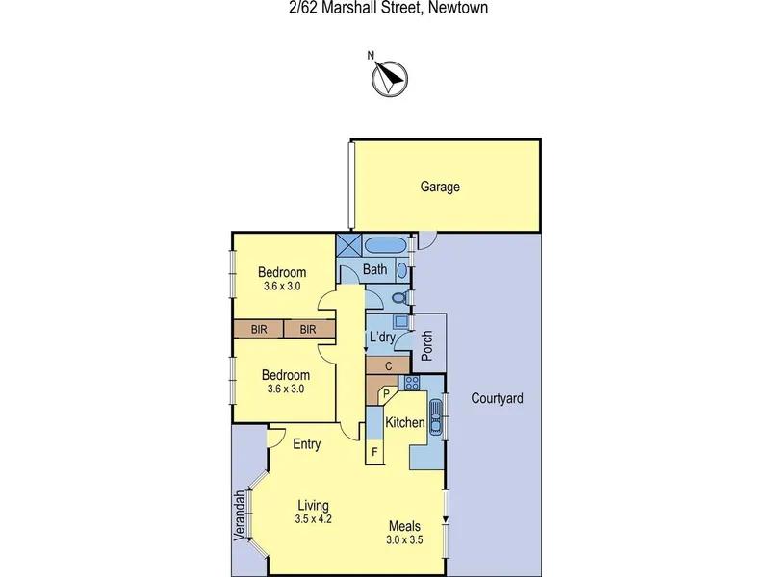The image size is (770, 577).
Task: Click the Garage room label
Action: point(440,187)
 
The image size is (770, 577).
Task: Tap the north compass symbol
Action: point(390,79)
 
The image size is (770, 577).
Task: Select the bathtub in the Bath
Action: point(385,245)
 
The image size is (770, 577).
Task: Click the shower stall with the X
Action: point(349,245)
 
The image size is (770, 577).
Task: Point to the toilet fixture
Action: point(400,298)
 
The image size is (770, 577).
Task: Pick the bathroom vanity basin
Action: point(401,270)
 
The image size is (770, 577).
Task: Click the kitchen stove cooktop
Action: point(412,383)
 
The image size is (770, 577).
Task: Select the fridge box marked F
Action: point(374,451)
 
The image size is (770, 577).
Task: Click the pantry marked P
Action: point(387,393)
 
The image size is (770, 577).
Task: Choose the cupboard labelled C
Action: point(388,366)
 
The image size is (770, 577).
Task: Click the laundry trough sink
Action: point(400,322)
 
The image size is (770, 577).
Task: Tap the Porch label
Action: point(427,345)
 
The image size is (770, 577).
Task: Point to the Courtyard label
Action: point(497,398)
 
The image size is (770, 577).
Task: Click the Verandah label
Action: point(239,515)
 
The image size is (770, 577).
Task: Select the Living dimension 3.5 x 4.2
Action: point(314,519)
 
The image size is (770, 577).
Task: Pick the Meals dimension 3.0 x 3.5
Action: point(404,540)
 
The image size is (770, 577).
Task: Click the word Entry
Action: point(306,444)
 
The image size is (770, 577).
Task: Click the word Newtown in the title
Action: point(458,8)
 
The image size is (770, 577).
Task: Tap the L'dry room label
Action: point(382,338)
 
